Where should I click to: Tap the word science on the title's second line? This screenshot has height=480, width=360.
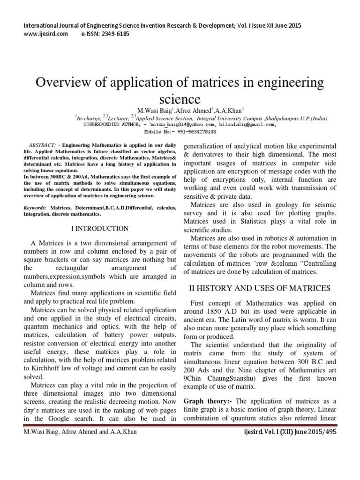coord(180,99)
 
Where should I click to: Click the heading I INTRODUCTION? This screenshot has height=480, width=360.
coord(99,229)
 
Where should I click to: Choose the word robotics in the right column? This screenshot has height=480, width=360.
coord(276,238)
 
